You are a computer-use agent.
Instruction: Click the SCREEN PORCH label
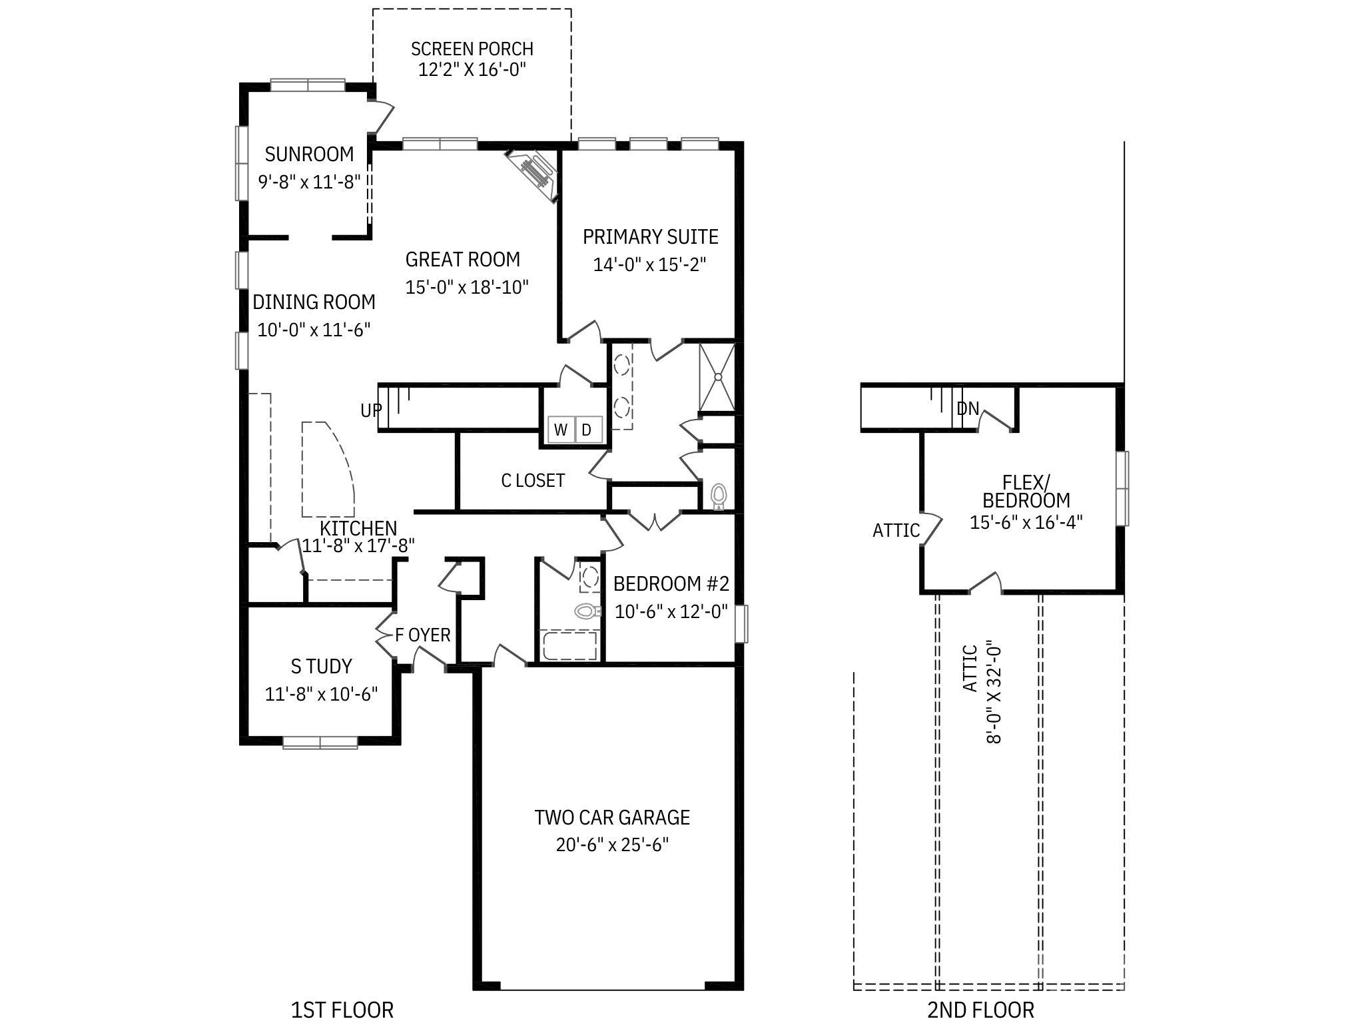pyautogui.click(x=472, y=49)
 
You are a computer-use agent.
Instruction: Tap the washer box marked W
pyautogui.click(x=561, y=430)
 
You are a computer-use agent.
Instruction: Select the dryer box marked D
pyautogui.click(x=587, y=430)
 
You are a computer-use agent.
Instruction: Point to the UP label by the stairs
pyautogui.click(x=371, y=410)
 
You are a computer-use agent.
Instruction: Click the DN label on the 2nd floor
pyautogui.click(x=968, y=408)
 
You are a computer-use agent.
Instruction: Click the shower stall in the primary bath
pyautogui.click(x=717, y=377)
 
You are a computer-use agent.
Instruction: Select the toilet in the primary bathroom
pyautogui.click(x=719, y=496)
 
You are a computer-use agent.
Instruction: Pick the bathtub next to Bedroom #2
pyautogui.click(x=569, y=646)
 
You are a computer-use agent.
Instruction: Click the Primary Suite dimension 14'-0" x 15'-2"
pyautogui.click(x=649, y=264)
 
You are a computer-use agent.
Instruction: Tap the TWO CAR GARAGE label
pyautogui.click(x=611, y=817)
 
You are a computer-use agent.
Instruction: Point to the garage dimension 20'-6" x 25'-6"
pyautogui.click(x=611, y=845)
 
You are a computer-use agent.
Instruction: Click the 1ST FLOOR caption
pyautogui.click(x=342, y=1009)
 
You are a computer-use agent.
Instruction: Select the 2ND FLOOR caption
pyautogui.click(x=980, y=1009)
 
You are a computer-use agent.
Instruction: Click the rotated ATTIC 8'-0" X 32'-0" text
pyautogui.click(x=982, y=693)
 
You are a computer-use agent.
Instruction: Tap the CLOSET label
pyautogui.click(x=533, y=480)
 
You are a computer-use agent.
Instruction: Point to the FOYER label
pyautogui.click(x=423, y=635)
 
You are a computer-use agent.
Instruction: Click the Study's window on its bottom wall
pyautogui.click(x=320, y=742)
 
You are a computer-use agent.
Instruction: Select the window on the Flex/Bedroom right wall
pyautogui.click(x=1123, y=488)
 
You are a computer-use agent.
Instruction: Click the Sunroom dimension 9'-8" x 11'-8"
pyautogui.click(x=310, y=181)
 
